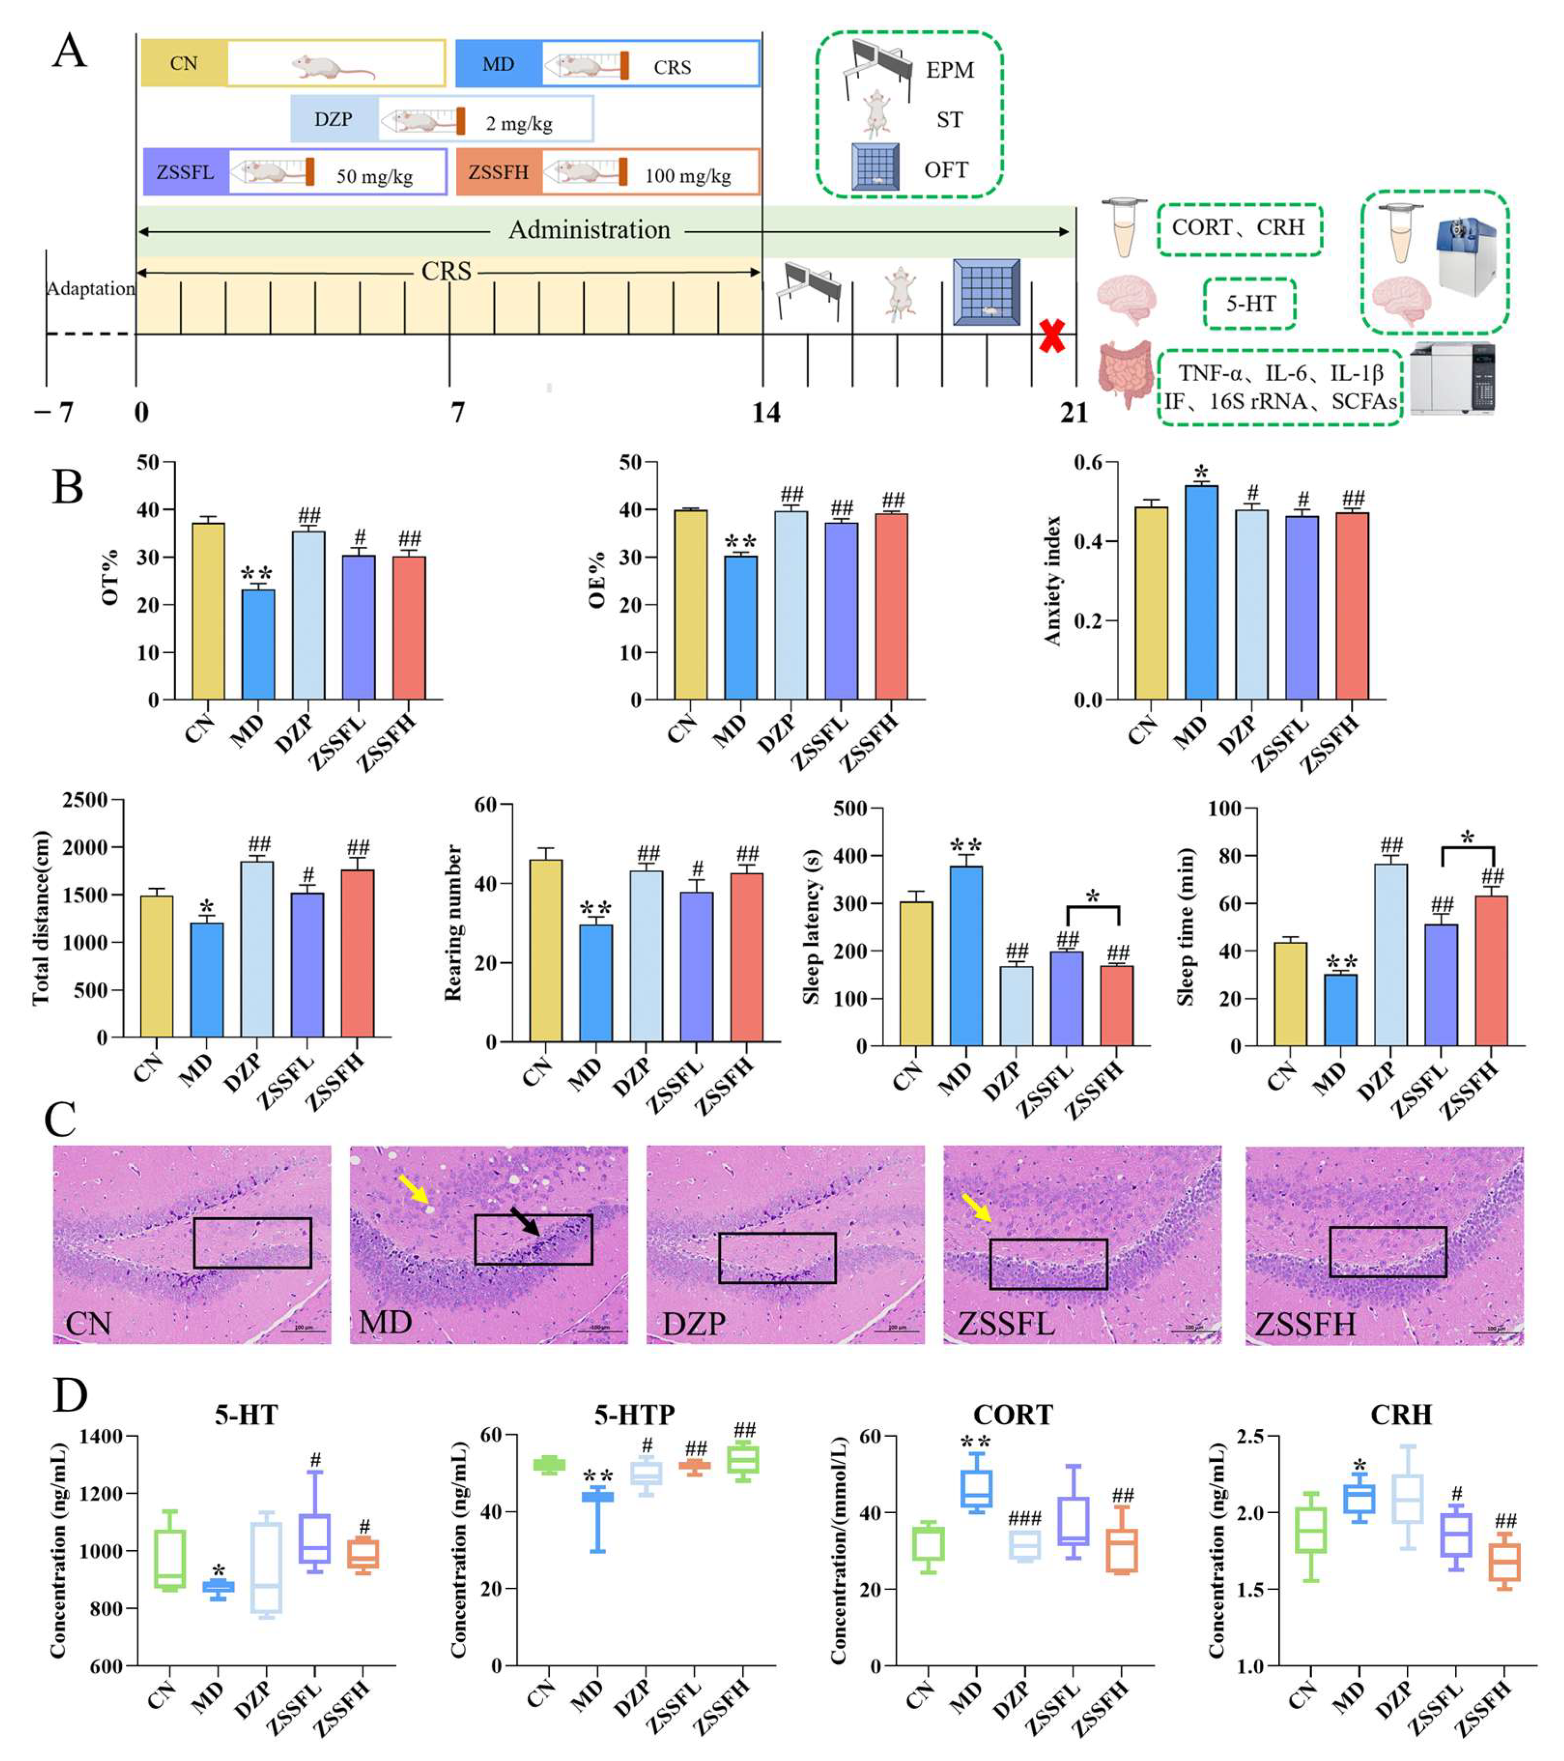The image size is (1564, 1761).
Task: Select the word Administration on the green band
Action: coord(589,230)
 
